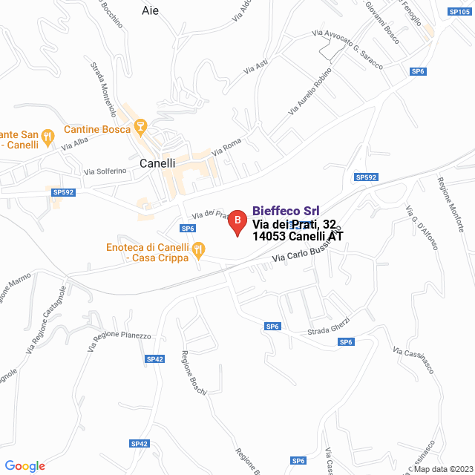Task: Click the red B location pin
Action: click(237, 221)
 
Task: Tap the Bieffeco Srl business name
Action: click(286, 211)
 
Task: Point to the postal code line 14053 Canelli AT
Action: click(298, 237)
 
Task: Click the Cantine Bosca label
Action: click(97, 129)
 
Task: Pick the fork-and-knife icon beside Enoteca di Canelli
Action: click(197, 249)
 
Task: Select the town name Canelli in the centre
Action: click(157, 163)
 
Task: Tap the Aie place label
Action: click(151, 10)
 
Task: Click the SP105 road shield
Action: click(460, 12)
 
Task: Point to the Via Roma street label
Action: click(226, 147)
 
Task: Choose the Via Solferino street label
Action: click(105, 171)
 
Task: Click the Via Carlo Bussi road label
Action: click(300, 252)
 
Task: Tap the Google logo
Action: click(24, 466)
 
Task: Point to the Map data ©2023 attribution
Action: click(442, 468)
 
